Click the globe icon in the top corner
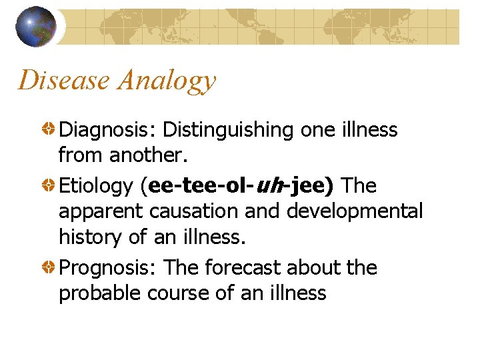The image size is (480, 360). click(x=35, y=27)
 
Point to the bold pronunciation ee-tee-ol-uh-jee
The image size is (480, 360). click(x=237, y=187)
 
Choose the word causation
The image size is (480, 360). click(x=199, y=211)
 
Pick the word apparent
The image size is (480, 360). click(x=101, y=212)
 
